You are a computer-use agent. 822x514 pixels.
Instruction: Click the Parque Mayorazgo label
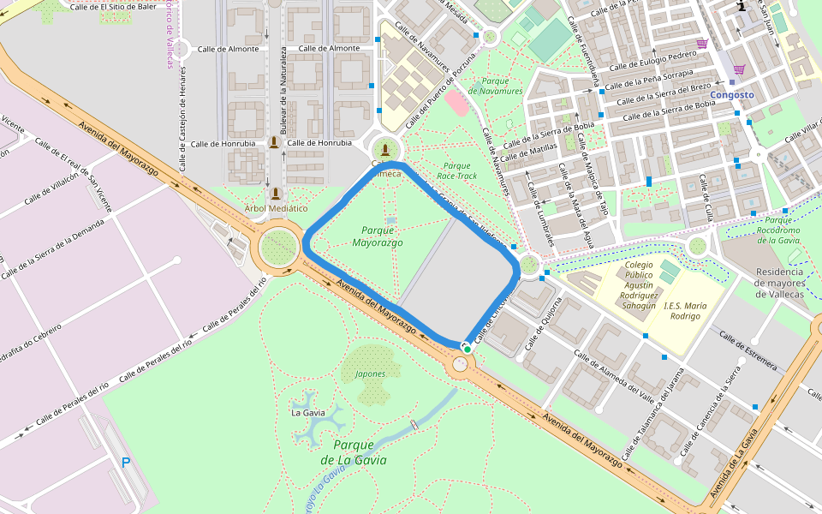click(x=377, y=236)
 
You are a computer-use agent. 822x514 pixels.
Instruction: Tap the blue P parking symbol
click(x=126, y=463)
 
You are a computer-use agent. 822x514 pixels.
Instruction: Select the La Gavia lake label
click(x=308, y=412)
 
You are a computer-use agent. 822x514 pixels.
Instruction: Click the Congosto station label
click(x=732, y=95)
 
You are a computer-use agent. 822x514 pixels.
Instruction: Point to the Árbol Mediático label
click(x=275, y=208)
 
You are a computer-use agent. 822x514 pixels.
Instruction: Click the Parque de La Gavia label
click(x=353, y=452)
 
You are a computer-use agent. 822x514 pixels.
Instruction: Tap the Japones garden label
click(x=369, y=374)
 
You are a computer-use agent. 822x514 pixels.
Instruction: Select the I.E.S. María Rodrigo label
click(x=684, y=310)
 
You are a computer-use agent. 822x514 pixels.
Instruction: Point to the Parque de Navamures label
click(x=495, y=86)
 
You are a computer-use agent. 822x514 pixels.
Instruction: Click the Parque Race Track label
click(x=457, y=170)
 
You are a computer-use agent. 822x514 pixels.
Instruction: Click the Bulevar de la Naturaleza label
click(x=282, y=90)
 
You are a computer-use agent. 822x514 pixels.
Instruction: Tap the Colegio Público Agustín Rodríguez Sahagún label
click(x=639, y=284)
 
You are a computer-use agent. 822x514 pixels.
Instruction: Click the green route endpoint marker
click(x=467, y=348)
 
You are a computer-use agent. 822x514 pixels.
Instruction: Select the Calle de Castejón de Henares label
click(x=182, y=117)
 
